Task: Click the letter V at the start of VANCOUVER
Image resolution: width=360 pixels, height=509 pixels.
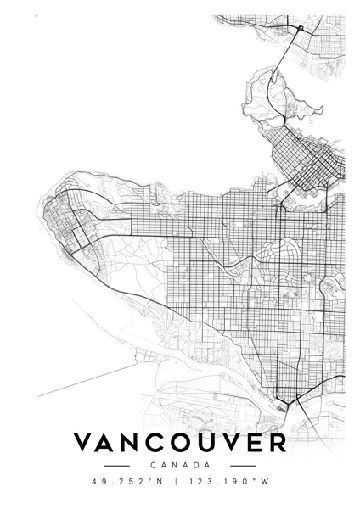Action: click(85, 444)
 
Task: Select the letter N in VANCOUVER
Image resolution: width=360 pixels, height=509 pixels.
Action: click(139, 444)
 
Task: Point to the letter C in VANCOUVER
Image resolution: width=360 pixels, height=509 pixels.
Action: click(166, 444)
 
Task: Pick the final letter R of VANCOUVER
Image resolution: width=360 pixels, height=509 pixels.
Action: click(277, 444)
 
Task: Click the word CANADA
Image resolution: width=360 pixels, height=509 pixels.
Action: click(179, 466)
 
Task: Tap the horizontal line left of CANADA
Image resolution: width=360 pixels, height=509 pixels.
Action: click(115, 466)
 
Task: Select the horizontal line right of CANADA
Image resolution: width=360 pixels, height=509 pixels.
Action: click(244, 466)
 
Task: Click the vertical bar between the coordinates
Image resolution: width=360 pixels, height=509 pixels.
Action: click(177, 483)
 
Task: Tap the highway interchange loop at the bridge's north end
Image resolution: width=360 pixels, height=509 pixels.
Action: click(299, 30)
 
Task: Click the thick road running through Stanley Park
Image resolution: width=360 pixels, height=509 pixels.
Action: click(270, 93)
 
